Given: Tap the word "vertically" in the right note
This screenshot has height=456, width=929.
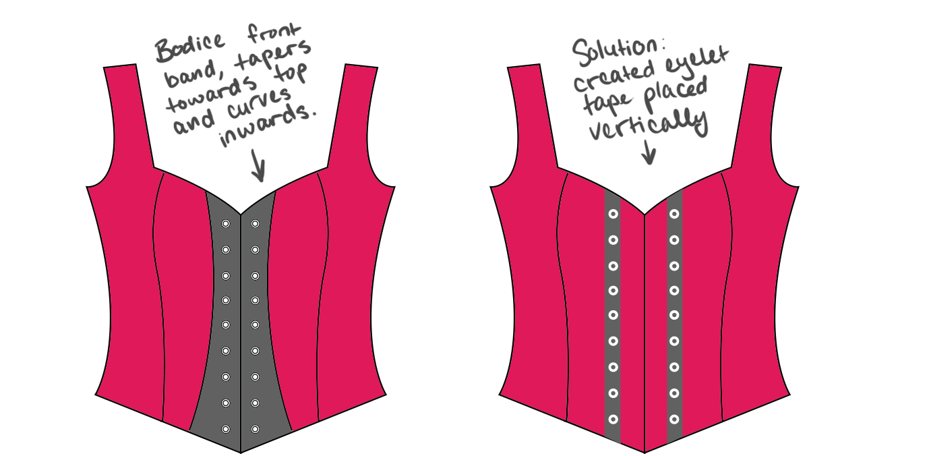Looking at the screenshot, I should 647,125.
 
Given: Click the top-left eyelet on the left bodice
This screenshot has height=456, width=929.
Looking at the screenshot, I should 226,224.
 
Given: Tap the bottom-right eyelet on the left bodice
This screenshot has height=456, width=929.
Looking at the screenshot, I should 255,429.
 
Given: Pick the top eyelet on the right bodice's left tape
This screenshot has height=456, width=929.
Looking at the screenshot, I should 613,214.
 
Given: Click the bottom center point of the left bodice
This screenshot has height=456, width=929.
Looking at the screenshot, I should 241,450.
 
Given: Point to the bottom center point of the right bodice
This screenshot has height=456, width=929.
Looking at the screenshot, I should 645,451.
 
